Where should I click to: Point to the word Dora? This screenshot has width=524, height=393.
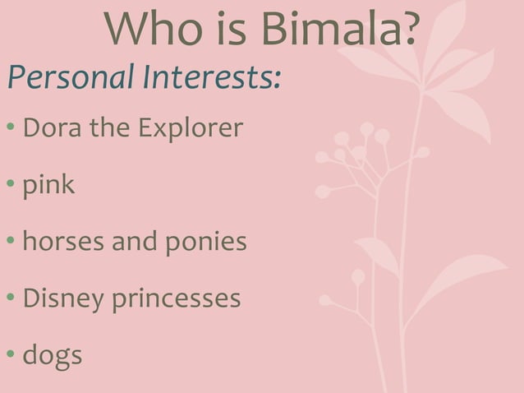point(48,128)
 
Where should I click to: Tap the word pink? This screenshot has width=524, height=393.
point(48,186)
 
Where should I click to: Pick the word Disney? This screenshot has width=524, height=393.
point(62,299)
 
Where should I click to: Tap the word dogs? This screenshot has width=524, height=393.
point(52,356)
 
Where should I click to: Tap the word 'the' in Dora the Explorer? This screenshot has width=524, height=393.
point(101,128)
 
